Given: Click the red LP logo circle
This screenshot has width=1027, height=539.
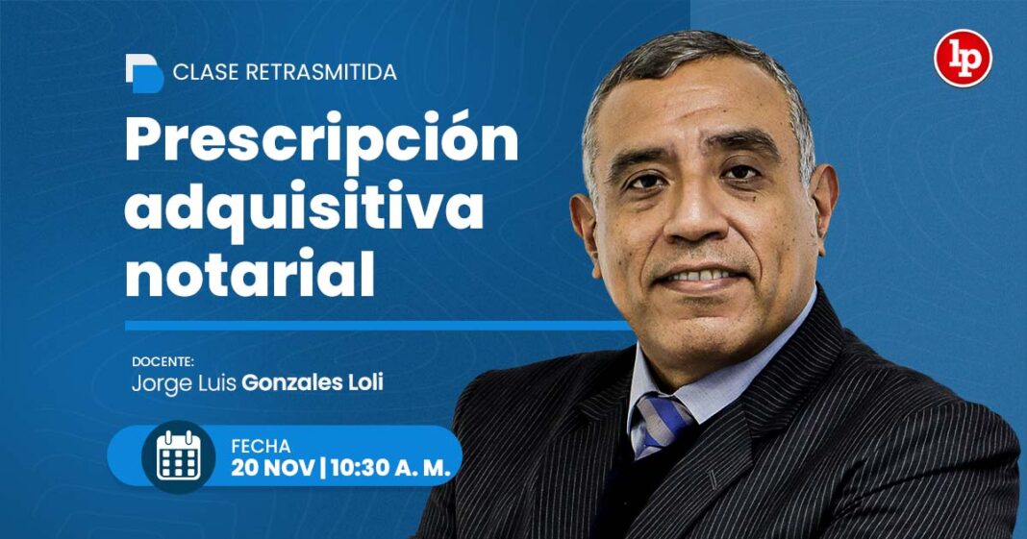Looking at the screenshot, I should tap(963, 59).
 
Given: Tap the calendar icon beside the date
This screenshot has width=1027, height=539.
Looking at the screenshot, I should tap(178, 456).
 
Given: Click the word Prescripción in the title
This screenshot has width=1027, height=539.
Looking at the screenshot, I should tap(321, 141).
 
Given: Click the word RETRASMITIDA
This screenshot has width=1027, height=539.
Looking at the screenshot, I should tap(321, 72).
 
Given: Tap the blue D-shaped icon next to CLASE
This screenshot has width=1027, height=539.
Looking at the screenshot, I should tap(144, 73).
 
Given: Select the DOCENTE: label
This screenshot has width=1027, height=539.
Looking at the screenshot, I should tap(163, 362).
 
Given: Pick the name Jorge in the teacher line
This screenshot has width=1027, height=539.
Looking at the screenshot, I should tap(154, 382).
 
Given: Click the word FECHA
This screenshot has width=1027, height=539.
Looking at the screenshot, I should tap(261, 446).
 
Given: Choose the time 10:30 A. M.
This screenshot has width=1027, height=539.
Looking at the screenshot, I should tap(388, 469).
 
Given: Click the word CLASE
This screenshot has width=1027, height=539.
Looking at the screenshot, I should tap(206, 72).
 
